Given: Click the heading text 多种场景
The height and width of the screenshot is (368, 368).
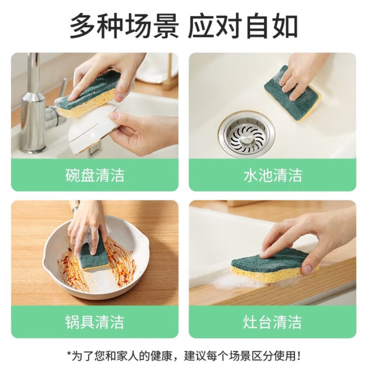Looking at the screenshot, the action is point(124,26).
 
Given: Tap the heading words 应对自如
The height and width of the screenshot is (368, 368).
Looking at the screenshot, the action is point(243,26).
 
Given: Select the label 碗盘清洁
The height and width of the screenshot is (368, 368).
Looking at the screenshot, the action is point(95,175).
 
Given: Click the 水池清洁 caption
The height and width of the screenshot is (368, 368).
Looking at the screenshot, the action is point(273,175).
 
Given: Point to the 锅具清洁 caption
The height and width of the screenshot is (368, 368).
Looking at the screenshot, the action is point(95,322).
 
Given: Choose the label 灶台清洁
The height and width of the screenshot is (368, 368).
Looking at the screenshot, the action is point(273,322).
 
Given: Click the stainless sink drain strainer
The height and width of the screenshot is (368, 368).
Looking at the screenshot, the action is point(247,136).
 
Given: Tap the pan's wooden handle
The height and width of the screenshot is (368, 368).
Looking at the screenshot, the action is point(74,206).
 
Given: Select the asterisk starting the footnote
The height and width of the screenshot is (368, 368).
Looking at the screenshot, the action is point(69,353).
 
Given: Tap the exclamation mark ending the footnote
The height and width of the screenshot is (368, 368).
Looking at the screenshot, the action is point(299,356).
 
